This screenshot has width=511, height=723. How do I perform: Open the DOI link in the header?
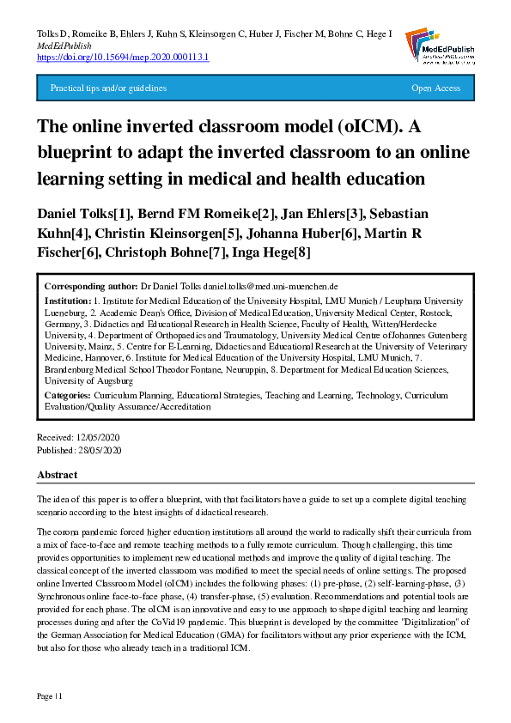tap(123, 57)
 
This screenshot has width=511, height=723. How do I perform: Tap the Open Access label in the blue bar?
tap(435, 88)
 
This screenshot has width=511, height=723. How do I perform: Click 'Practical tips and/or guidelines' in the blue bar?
tap(108, 88)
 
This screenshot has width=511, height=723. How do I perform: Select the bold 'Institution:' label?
tap(68, 301)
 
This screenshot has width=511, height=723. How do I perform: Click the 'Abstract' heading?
tap(58, 475)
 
